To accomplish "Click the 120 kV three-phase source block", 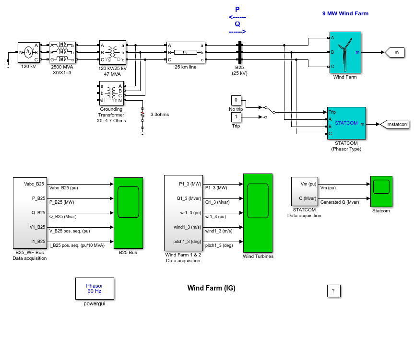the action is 29,52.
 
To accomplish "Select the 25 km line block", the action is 186,52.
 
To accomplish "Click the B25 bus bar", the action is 240,52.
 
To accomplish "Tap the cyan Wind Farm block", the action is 345,52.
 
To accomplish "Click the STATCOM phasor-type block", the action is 346,123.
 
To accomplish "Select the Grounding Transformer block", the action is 111,93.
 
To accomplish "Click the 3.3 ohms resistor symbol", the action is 142,115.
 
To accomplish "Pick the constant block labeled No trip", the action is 236,100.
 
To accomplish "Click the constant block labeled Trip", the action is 236,117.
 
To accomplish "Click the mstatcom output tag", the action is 394,124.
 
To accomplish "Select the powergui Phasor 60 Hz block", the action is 95,288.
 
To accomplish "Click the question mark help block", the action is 334,290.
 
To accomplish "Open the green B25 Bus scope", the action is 128,213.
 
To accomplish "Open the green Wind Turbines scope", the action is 258,213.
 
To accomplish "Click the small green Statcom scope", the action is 381,191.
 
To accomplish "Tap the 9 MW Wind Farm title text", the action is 345,13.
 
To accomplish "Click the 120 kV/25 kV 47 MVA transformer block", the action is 113,52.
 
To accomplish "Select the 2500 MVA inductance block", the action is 62,52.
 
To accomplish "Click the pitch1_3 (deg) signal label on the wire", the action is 219,245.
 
